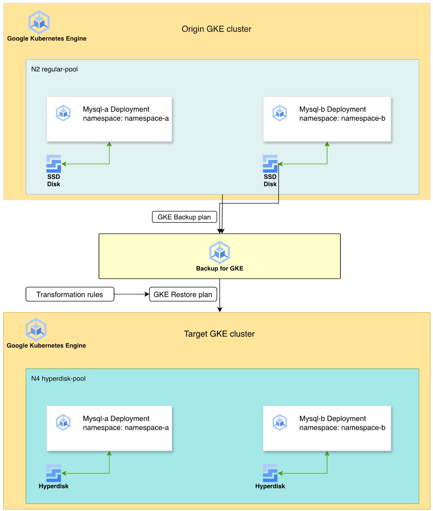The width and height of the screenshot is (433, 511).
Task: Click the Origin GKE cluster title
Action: click(216, 29)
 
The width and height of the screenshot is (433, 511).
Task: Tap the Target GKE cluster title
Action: click(219, 334)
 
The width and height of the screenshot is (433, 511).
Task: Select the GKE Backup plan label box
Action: click(184, 217)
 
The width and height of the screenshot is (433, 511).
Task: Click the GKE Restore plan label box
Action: click(183, 294)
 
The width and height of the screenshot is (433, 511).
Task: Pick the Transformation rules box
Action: click(70, 294)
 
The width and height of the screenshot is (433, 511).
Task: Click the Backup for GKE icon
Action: click(220, 252)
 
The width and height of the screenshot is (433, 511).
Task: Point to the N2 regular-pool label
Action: click(54, 69)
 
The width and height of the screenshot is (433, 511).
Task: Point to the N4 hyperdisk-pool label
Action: click(58, 379)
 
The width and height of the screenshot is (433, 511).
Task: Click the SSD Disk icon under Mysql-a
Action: click(54, 163)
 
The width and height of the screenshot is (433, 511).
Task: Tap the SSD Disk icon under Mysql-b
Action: click(270, 163)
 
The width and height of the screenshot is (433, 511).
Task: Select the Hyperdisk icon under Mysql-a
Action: click(54, 473)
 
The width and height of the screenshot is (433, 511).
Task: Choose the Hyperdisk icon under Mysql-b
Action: click(270, 473)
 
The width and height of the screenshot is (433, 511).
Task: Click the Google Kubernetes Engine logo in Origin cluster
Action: click(39, 22)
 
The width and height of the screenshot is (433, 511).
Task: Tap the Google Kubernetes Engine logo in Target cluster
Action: click(36, 329)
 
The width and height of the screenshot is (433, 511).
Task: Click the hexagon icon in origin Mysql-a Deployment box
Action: click(64, 113)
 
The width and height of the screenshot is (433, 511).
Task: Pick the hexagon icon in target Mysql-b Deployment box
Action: click(280, 422)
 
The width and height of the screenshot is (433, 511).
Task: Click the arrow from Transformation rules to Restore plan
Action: click(132, 294)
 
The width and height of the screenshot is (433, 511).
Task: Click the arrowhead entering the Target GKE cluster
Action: click(220, 310)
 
